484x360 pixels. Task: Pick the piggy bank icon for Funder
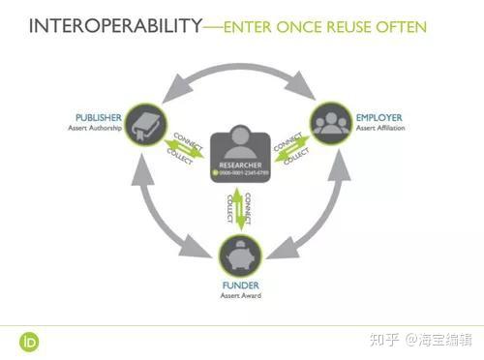pos(238,256)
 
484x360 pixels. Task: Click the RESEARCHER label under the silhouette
pos(238,166)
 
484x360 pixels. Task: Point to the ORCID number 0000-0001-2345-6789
pos(241,174)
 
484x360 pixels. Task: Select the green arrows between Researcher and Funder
pos(238,209)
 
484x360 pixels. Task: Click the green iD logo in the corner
pos(27,340)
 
